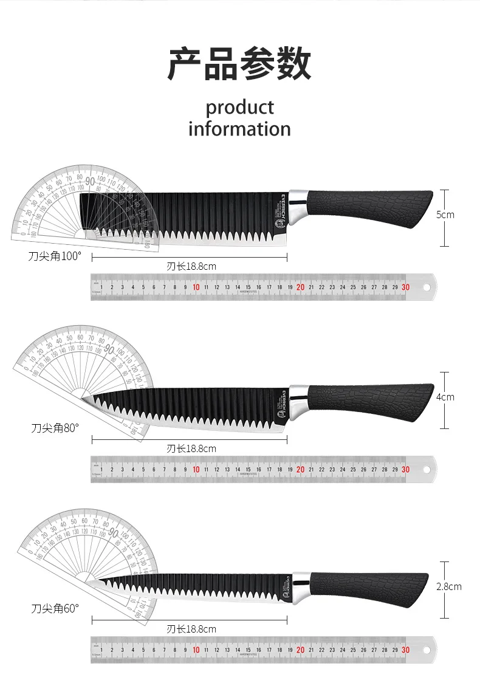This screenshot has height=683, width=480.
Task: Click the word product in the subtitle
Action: point(239,108)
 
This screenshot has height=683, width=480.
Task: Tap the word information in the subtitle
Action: point(239,129)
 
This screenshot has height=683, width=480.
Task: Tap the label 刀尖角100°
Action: point(54,256)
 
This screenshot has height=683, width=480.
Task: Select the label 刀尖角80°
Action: point(55,428)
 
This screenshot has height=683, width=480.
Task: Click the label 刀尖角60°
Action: point(55,608)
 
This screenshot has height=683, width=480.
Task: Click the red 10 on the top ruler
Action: point(196,287)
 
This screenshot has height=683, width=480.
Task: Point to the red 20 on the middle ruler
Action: point(301,469)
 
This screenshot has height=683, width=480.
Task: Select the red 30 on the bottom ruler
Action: point(405,650)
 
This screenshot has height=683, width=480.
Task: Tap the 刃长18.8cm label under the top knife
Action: point(191,266)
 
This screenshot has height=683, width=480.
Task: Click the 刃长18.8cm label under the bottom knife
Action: point(191,629)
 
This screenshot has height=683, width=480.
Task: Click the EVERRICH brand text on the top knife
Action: point(282,205)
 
